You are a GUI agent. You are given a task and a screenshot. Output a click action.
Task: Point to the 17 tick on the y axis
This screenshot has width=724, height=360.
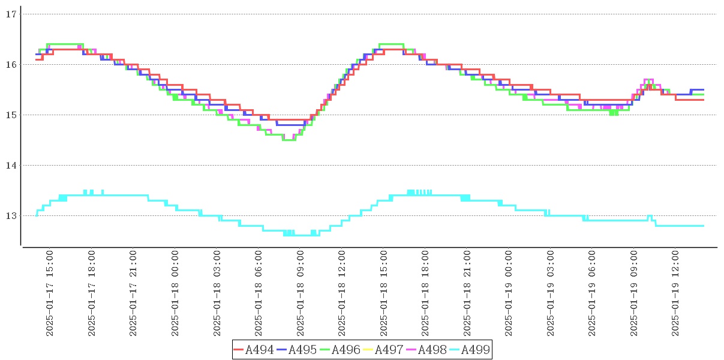pos(10,14)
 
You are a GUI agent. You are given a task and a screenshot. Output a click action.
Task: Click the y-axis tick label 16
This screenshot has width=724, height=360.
pos(10,64)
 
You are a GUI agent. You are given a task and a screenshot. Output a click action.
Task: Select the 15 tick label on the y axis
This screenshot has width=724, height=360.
pos(10,115)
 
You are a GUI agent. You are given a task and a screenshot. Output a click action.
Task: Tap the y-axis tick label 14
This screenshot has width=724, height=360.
pos(10,165)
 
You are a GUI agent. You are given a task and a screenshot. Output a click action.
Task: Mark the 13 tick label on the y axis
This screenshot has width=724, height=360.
pos(10,215)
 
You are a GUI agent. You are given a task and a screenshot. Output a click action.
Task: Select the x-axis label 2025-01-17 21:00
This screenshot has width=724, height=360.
pos(134,293)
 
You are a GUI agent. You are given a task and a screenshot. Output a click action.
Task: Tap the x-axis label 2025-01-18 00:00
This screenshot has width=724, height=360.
pos(176,293)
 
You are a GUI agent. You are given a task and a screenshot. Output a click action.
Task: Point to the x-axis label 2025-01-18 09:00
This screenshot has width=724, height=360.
pos(301,293)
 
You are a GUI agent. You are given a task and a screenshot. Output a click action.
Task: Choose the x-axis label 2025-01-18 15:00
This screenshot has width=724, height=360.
pos(384,293)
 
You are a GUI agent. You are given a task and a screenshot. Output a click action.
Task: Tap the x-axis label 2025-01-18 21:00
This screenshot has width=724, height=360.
pos(467,293)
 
